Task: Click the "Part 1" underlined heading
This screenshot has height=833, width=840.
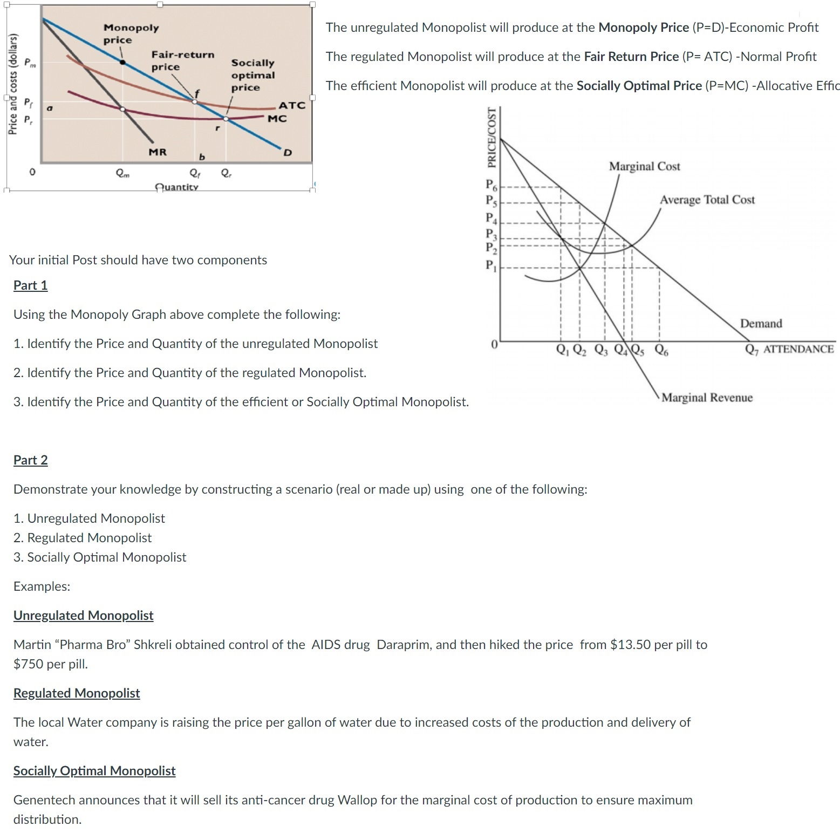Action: pyautogui.click(x=30, y=285)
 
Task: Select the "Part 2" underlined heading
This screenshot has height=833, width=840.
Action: pyautogui.click(x=30, y=460)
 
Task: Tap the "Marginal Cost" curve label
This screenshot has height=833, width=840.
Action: pyautogui.click(x=645, y=166)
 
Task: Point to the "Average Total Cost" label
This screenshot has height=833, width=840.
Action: pyautogui.click(x=707, y=200)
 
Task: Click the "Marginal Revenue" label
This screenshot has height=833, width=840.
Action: pyautogui.click(x=707, y=398)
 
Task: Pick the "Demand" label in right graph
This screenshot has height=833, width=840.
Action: pyautogui.click(x=761, y=324)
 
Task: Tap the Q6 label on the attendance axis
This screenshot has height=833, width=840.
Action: pyautogui.click(x=661, y=350)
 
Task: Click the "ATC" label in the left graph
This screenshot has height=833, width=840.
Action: pyautogui.click(x=292, y=105)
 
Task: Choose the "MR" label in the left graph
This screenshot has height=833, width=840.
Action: pyautogui.click(x=158, y=152)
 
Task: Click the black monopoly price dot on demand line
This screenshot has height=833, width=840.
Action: pyautogui.click(x=123, y=62)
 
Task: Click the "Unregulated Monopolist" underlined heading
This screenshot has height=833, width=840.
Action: pyautogui.click(x=84, y=616)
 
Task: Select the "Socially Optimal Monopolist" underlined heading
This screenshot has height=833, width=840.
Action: pyautogui.click(x=94, y=771)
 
